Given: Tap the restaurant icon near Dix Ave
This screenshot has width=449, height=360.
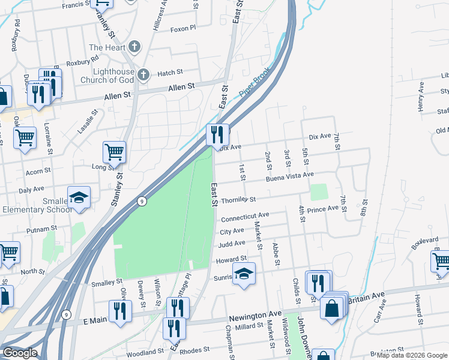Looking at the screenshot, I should (x=217, y=134).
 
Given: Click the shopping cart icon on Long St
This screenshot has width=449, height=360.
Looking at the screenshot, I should (x=114, y=152).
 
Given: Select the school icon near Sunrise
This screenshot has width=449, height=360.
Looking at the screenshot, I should (x=244, y=274).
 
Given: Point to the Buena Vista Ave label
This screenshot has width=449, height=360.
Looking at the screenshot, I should (x=291, y=175).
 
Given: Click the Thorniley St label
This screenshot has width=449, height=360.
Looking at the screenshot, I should (x=238, y=199).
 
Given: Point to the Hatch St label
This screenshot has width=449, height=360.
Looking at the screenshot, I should (x=170, y=73).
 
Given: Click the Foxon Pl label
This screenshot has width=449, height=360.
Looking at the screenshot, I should (x=183, y=28).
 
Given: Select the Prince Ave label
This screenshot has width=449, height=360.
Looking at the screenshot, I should (x=323, y=209).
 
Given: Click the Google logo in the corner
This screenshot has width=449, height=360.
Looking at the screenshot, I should (x=19, y=353).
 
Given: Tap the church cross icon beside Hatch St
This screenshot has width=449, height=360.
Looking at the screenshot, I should (x=143, y=74).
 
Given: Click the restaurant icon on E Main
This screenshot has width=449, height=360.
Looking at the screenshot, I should (x=120, y=310).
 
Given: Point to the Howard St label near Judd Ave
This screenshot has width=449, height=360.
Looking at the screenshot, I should (x=231, y=259).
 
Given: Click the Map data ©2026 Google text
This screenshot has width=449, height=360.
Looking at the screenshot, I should (x=411, y=355).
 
